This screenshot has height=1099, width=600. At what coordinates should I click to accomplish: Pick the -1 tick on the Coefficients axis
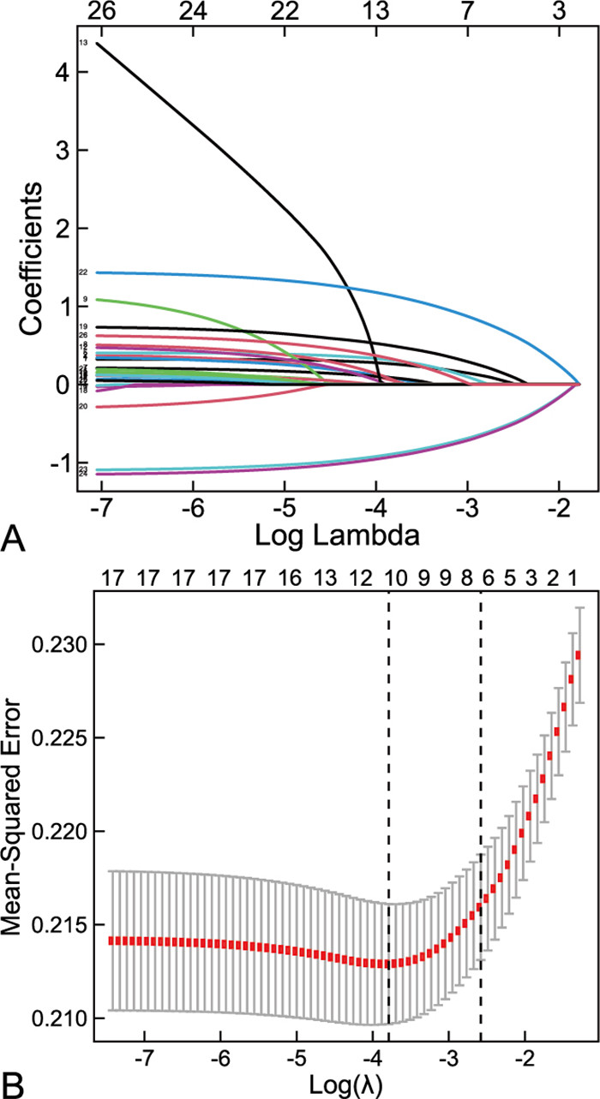pos(51,463)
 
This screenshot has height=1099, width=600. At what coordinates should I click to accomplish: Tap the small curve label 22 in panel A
pos(83,272)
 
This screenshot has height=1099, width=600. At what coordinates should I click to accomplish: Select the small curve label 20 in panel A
pos(83,406)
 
